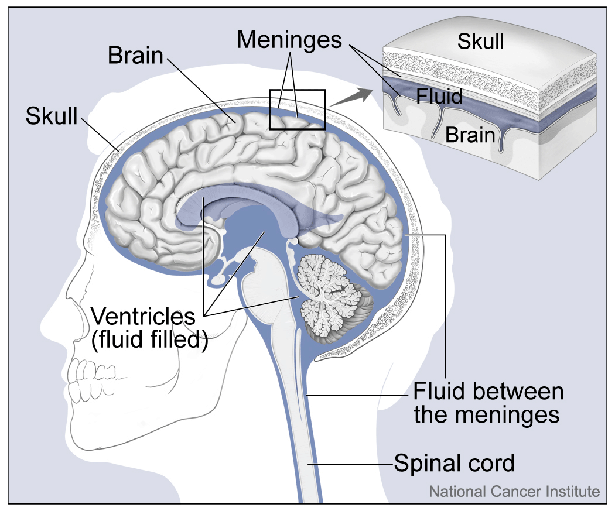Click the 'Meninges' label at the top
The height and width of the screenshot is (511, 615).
289,39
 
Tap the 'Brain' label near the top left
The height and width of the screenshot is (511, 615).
135,56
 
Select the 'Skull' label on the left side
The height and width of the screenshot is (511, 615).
52,115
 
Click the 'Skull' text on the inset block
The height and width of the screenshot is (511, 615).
481,42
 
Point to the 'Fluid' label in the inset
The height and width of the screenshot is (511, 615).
439,95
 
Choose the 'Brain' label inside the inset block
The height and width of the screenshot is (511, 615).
470,135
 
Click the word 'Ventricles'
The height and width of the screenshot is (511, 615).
143,317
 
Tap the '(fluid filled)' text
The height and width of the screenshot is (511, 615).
150,340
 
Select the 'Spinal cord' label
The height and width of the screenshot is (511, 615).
454,463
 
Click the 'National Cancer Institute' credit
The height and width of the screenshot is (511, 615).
514,491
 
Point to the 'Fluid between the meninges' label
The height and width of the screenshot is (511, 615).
487,403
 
